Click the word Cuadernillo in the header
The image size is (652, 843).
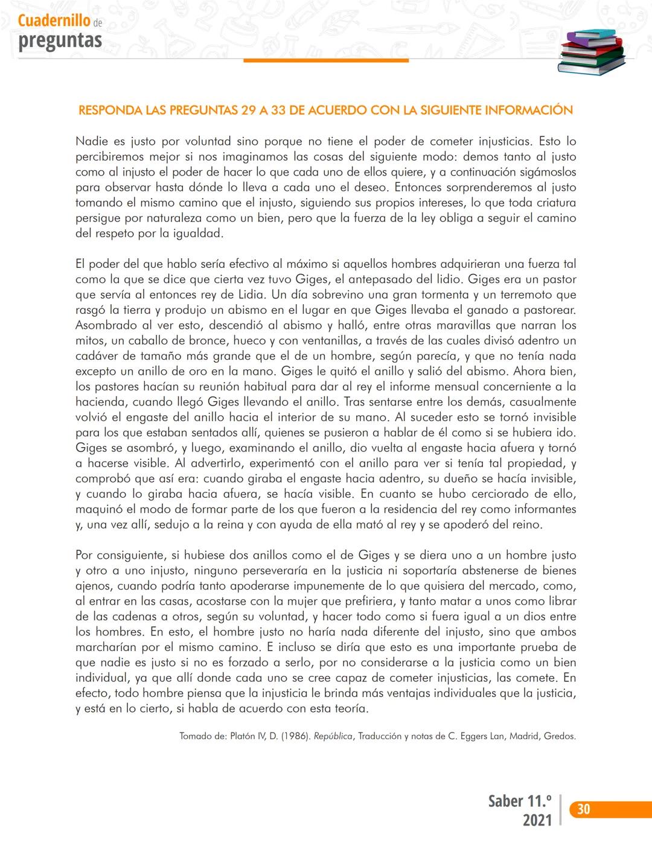click(54, 21)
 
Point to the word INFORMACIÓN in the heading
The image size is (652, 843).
click(529, 110)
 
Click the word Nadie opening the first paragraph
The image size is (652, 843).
click(92, 141)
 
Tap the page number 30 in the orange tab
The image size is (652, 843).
click(583, 809)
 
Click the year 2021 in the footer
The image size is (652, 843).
click(537, 820)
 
